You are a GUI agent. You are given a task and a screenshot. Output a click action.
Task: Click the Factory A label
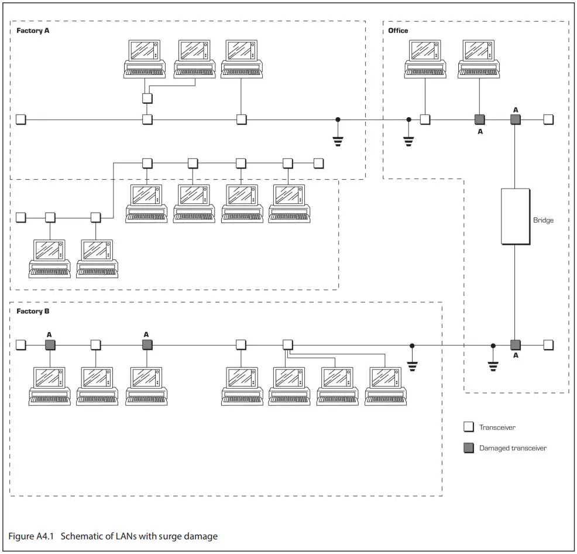click(x=33, y=30)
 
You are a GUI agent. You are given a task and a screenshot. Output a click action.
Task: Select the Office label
click(x=398, y=30)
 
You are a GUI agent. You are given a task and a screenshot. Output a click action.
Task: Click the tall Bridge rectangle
click(x=515, y=216)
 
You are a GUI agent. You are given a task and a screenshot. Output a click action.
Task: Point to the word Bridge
click(x=543, y=220)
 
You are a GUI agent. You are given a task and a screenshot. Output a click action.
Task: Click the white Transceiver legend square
click(x=468, y=428)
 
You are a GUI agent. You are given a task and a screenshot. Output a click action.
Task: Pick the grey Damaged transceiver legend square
click(x=468, y=448)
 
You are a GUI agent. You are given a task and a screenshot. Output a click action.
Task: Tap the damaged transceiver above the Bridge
click(x=515, y=119)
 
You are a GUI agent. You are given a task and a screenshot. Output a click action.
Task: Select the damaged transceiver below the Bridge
click(x=515, y=344)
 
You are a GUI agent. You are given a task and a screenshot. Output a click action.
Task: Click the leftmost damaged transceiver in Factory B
click(x=50, y=344)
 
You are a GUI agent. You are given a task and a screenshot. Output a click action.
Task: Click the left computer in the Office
click(x=425, y=59)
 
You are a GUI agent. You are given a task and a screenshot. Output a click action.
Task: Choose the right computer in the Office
click(x=479, y=59)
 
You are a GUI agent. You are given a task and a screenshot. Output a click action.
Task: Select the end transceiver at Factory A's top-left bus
click(x=21, y=119)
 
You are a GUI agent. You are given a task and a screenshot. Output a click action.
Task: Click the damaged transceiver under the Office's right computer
click(x=479, y=119)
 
